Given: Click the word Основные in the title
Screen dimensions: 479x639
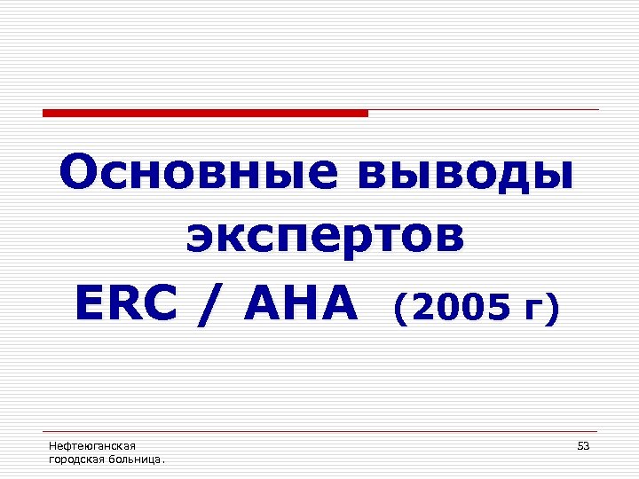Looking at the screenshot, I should coord(197,175).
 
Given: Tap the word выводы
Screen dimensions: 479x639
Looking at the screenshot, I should coord(463,175).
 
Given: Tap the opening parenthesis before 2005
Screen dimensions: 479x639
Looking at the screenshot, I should coord(400,309).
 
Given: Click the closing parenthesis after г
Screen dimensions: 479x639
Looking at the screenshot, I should coord(554,309).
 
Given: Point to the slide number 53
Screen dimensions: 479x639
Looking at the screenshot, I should coord(583,445).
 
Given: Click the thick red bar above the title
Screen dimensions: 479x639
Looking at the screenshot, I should coord(205,113).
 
